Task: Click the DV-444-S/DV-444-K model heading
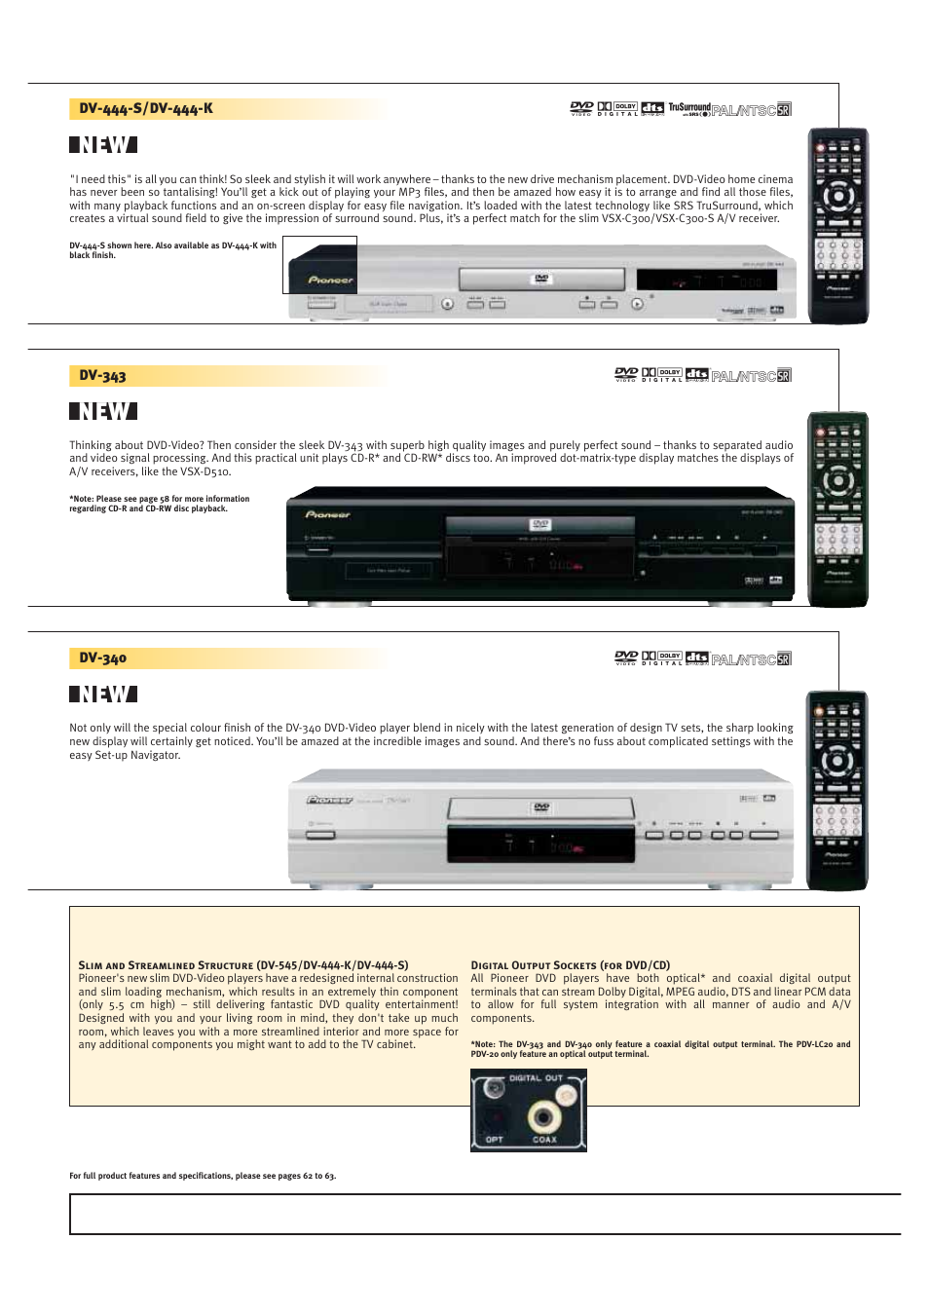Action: (146, 109)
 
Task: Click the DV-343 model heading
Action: (102, 376)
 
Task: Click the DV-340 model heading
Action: (102, 658)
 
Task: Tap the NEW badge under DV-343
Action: (103, 411)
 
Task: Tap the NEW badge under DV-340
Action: (103, 694)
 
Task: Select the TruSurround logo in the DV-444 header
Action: (688, 109)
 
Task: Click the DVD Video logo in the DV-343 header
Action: (626, 374)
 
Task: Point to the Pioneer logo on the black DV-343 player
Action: (328, 514)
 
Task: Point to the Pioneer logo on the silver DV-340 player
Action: (330, 800)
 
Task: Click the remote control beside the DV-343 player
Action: (837, 508)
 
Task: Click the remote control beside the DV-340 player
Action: (836, 790)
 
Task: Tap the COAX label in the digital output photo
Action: (544, 1140)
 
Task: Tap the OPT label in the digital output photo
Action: (495, 1140)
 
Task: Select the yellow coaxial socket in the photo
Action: (542, 1116)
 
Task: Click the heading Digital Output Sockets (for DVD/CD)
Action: (570, 965)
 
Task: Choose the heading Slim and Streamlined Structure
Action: (166, 965)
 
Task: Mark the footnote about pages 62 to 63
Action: (203, 1176)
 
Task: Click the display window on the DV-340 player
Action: (540, 844)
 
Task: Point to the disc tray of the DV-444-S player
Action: (541, 280)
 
